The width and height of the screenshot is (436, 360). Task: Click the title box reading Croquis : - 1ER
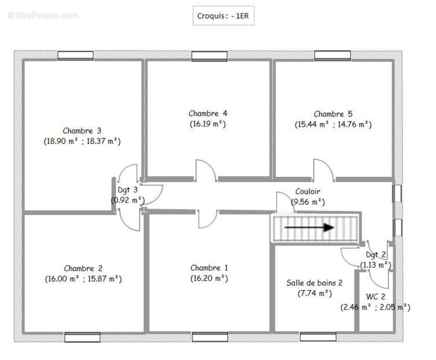(x=223, y=16)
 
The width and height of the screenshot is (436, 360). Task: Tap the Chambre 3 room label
(x=82, y=130)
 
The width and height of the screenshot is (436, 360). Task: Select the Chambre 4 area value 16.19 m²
(x=208, y=124)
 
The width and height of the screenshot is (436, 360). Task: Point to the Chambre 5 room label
(x=333, y=114)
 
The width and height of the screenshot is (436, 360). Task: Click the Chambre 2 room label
(x=83, y=268)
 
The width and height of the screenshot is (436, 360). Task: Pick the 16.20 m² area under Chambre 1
(x=209, y=278)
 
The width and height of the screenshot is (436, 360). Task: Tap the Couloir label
(x=307, y=192)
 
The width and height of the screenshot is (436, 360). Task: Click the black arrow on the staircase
(x=309, y=227)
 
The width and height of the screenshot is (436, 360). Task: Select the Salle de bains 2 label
(x=314, y=283)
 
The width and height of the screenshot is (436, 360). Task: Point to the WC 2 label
(x=375, y=297)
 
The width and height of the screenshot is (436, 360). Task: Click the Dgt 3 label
(x=128, y=190)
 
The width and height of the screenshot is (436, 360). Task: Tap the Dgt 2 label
(x=376, y=255)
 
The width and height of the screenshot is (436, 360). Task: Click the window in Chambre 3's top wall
(x=76, y=56)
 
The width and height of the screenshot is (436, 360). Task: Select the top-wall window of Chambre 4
(x=209, y=56)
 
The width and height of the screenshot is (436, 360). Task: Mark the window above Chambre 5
(x=333, y=55)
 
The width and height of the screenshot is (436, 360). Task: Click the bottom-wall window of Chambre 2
(x=82, y=337)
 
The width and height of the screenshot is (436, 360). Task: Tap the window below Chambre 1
(x=210, y=337)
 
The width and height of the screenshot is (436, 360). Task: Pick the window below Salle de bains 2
(x=318, y=337)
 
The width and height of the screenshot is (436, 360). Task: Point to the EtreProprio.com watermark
(x=43, y=16)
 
